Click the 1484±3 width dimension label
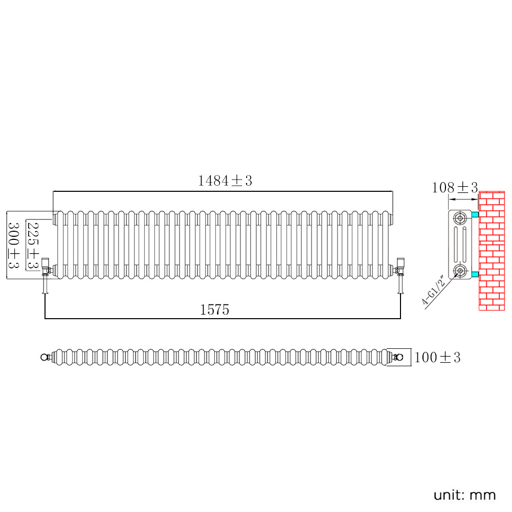[x=225, y=181]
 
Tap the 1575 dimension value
[x=214, y=309]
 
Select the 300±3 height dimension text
[x=14, y=245]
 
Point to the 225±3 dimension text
[x=33, y=245]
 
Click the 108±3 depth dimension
[x=455, y=187]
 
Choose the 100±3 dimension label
[x=437, y=357]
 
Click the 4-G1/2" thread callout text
[x=434, y=290]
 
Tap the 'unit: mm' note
[x=464, y=495]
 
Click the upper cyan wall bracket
[x=475, y=214]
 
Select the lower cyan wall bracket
[x=475, y=274]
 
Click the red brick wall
[x=492, y=251]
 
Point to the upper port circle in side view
[x=460, y=218]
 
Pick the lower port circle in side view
[x=460, y=271]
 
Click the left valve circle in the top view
[x=44, y=357]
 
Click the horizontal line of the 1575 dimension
[x=222, y=318]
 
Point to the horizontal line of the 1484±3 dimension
[x=222, y=191]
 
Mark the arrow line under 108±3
[x=463, y=199]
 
